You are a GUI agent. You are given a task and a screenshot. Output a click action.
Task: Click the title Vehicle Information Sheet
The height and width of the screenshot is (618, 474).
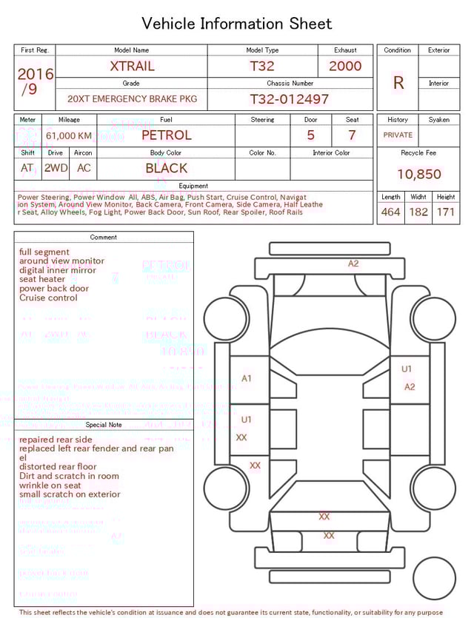[x=236, y=24]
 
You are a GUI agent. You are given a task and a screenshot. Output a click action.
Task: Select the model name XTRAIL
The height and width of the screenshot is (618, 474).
[x=132, y=66]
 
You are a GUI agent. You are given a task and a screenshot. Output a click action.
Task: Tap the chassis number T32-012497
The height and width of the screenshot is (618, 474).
[x=289, y=99]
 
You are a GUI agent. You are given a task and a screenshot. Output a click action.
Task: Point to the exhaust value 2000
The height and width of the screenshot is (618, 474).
[x=345, y=66]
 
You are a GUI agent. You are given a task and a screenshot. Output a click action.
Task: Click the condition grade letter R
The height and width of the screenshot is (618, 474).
[x=398, y=83]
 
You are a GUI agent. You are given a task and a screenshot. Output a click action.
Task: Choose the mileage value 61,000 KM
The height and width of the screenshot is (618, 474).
[x=69, y=136]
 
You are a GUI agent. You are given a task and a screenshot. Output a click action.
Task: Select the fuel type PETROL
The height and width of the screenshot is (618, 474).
[x=166, y=135]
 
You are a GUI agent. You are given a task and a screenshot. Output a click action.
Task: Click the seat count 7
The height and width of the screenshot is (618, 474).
[x=352, y=135]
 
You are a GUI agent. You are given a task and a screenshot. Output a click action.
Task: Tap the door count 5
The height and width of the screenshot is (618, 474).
[x=310, y=135]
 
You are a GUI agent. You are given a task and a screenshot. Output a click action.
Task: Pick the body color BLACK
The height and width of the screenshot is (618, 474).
[x=166, y=168]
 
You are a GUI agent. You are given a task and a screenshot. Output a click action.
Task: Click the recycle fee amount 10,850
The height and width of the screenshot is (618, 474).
[x=418, y=175]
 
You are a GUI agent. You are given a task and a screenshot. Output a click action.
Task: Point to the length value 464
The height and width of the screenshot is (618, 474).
[x=390, y=212]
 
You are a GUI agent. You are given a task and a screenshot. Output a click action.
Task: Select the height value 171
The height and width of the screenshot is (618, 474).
[x=446, y=212]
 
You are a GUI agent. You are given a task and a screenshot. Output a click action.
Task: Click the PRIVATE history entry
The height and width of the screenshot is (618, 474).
[x=398, y=135]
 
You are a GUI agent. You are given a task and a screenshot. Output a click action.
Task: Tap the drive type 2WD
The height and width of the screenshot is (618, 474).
[x=56, y=168]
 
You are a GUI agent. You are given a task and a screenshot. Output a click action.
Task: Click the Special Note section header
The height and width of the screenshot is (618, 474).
[x=104, y=425]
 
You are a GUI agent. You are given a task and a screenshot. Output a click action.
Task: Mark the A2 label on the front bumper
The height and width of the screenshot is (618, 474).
[x=353, y=263]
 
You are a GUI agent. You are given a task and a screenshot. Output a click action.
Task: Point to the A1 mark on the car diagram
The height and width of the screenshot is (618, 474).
[x=247, y=378]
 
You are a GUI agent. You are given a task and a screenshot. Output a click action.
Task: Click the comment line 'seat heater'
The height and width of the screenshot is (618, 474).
[x=42, y=280]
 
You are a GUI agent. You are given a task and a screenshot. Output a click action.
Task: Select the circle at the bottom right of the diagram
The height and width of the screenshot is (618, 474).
[x=434, y=578]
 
